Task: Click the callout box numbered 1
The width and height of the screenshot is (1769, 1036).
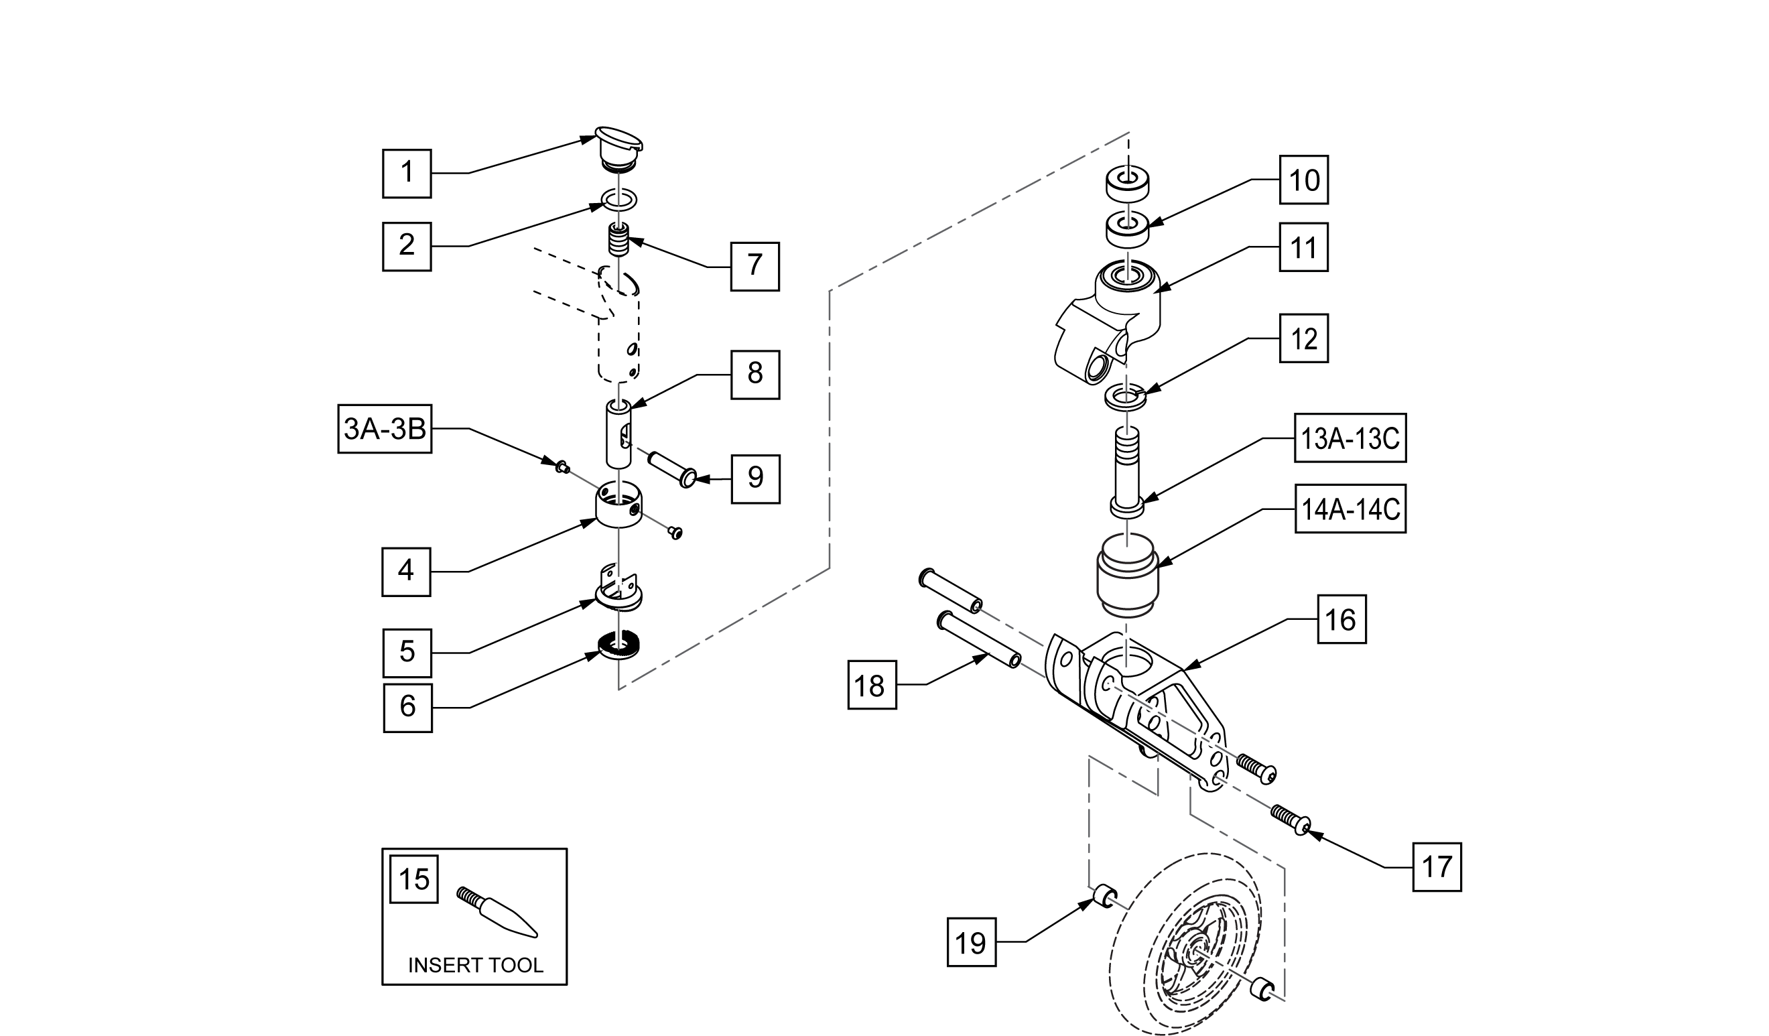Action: [407, 173]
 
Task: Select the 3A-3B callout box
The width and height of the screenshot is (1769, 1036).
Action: [385, 429]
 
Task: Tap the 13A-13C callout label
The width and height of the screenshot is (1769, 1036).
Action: [1350, 438]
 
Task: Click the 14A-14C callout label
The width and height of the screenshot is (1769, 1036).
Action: [1350, 509]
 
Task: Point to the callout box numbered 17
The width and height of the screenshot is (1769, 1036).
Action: [1437, 868]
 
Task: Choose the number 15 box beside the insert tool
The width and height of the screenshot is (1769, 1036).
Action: [414, 879]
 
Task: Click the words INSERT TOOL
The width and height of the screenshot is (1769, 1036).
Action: [475, 965]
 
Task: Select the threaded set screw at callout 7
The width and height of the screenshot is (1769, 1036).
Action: [618, 241]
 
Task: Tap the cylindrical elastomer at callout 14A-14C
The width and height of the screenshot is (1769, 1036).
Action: [1126, 576]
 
